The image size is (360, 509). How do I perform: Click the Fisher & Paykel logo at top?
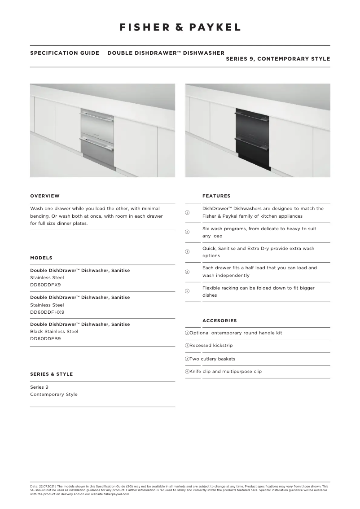[x=180, y=27]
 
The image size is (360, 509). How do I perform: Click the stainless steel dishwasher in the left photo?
[x=97, y=137]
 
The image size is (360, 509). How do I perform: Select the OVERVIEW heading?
[x=45, y=196]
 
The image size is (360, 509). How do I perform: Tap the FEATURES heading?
[x=216, y=196]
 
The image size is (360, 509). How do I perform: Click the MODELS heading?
[x=41, y=258]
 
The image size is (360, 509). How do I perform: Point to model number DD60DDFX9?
[x=45, y=285]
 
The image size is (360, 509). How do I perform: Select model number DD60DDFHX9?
[x=47, y=312]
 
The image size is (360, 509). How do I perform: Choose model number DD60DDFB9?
[x=45, y=338]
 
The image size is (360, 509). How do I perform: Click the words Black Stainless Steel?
[x=54, y=331]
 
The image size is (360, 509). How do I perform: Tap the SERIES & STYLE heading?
[x=51, y=374]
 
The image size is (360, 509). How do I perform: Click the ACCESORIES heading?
[x=220, y=320]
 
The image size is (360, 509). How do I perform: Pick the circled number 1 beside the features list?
[x=187, y=212]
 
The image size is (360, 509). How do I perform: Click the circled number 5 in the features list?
[x=187, y=291]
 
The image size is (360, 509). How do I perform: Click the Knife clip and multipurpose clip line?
[x=225, y=371]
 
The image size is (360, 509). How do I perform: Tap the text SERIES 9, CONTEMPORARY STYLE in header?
[x=278, y=59]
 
